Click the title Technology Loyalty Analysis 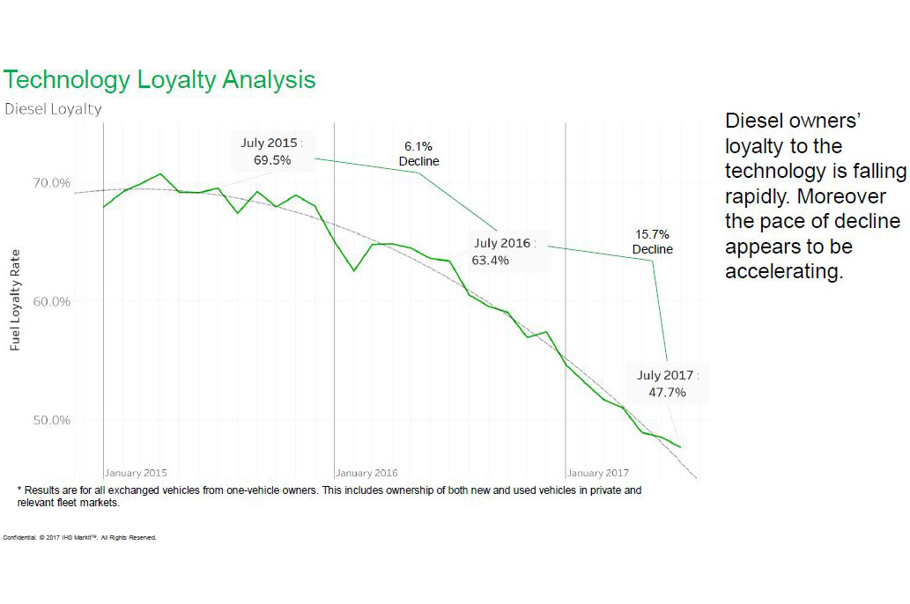pyautogui.click(x=159, y=80)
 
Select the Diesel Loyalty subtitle pyautogui.click(x=53, y=109)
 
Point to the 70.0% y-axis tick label pyautogui.click(x=52, y=183)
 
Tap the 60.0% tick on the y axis pyautogui.click(x=52, y=302)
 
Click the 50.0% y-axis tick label pyautogui.click(x=52, y=420)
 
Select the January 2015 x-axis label pyautogui.click(x=137, y=473)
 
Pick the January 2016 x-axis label pyautogui.click(x=367, y=473)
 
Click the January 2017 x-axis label pyautogui.click(x=598, y=473)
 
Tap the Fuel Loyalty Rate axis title pyautogui.click(x=15, y=300)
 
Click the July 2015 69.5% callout pyautogui.click(x=272, y=151)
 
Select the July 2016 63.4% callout pyautogui.click(x=504, y=251)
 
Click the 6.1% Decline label pyautogui.click(x=418, y=154)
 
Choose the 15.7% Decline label pyautogui.click(x=653, y=242)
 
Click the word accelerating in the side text pyautogui.click(x=784, y=271)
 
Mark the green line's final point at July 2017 pyautogui.click(x=680, y=447)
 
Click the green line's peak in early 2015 pyautogui.click(x=160, y=173)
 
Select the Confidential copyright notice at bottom pyautogui.click(x=80, y=537)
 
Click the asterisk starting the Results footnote pyautogui.click(x=19, y=490)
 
